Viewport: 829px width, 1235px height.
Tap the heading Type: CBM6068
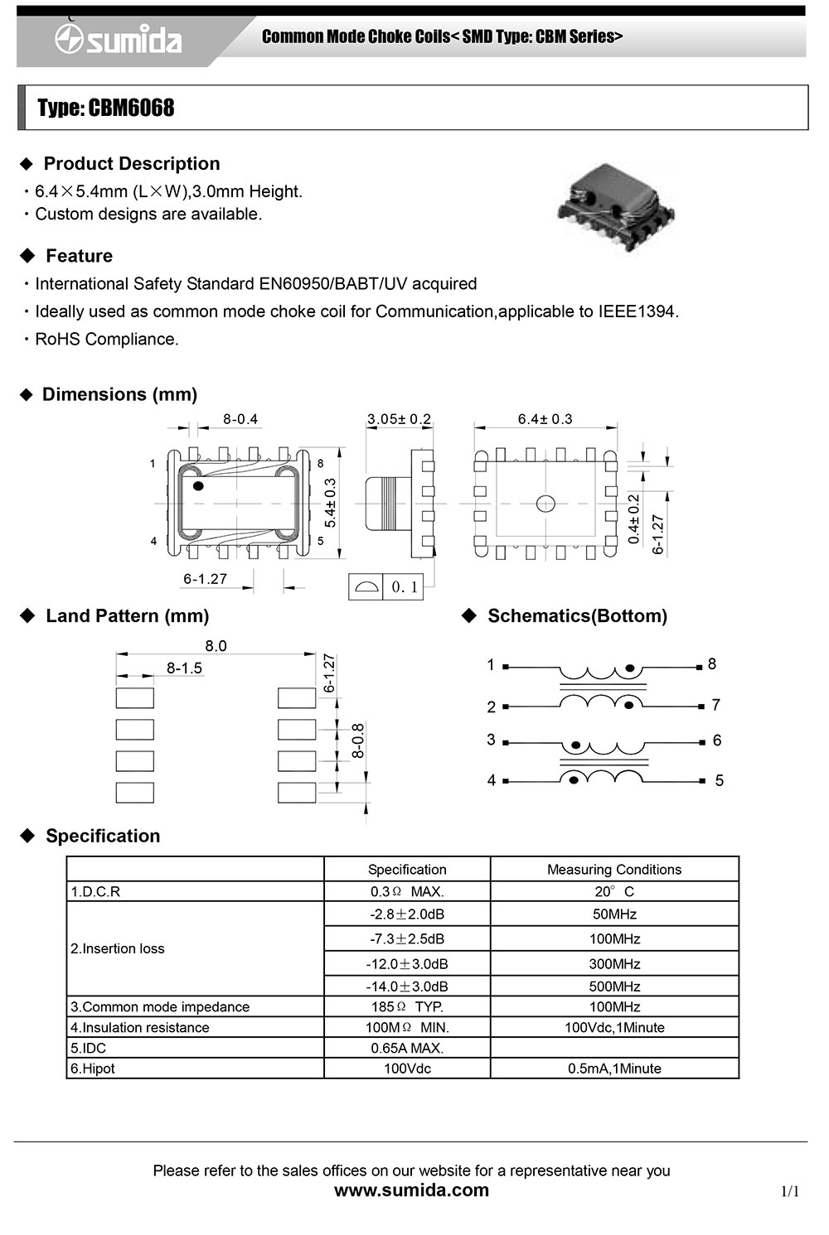tap(106, 109)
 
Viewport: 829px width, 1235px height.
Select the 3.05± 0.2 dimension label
tap(399, 419)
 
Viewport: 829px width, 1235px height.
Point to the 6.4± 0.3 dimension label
tap(545, 419)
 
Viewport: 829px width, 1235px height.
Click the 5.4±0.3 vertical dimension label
tap(331, 503)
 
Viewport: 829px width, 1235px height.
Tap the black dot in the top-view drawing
tap(198, 485)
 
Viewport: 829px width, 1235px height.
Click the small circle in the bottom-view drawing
tap(545, 503)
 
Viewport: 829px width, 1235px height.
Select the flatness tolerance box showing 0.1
tap(385, 586)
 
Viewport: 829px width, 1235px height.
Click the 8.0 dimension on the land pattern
tap(216, 646)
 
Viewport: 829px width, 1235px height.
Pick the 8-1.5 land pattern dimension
tap(184, 668)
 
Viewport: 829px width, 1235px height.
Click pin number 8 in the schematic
tap(712, 664)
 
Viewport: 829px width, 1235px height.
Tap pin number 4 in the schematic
tap(492, 780)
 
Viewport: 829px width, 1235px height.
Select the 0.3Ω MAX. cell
tap(407, 892)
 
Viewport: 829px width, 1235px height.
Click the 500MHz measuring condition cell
tap(614, 987)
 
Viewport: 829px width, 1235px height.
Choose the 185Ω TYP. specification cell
tap(407, 1007)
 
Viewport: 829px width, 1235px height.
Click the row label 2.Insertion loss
tap(118, 949)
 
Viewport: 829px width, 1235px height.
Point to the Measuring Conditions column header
tap(614, 870)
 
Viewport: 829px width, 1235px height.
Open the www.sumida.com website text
tap(411, 1190)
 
